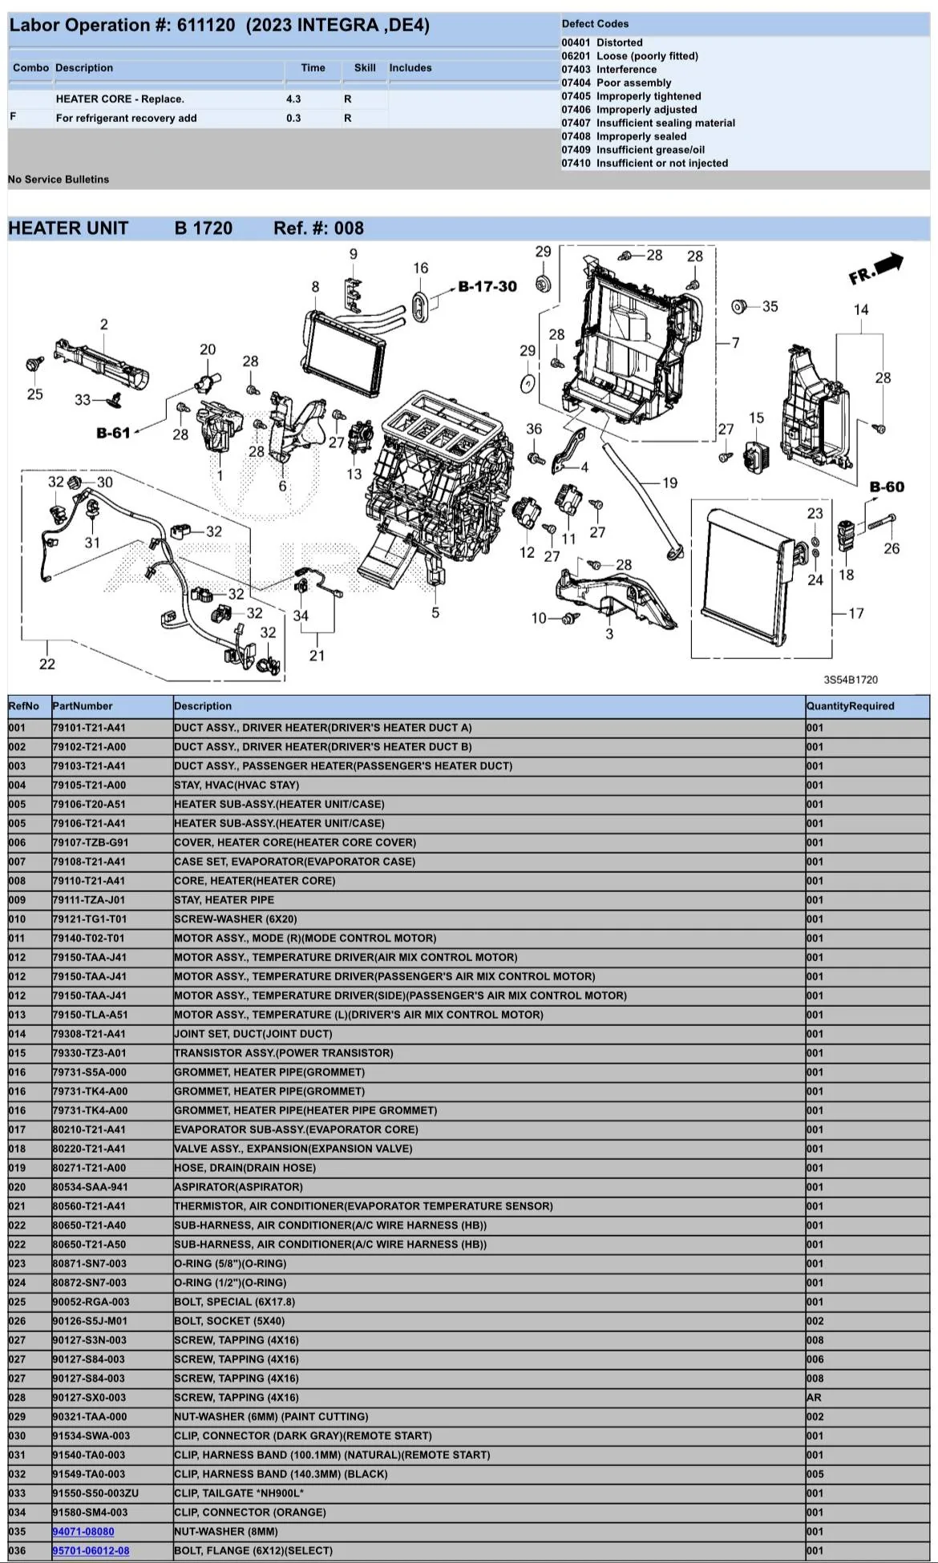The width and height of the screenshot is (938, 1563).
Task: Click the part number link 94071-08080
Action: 83,1531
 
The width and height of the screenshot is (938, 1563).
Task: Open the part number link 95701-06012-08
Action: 91,1550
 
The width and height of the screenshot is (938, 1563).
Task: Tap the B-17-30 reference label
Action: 487,286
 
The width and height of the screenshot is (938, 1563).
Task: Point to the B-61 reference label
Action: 113,433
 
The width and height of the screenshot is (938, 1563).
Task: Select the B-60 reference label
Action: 887,487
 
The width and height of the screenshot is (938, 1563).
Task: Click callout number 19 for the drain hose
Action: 669,483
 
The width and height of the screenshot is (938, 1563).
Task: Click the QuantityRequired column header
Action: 850,706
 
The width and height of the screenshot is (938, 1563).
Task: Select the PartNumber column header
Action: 83,706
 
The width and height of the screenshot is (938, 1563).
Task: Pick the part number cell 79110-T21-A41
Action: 89,880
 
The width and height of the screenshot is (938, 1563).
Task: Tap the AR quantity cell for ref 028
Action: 814,1397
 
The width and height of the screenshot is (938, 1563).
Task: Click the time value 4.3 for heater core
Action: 293,99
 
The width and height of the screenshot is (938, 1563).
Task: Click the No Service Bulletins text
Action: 59,180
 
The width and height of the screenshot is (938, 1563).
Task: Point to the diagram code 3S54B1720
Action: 851,680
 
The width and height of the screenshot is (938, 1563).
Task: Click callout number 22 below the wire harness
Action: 47,664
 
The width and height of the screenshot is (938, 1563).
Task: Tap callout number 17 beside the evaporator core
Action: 856,613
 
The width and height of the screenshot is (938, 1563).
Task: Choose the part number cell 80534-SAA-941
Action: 90,1187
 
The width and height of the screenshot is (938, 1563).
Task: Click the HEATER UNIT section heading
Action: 68,228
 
